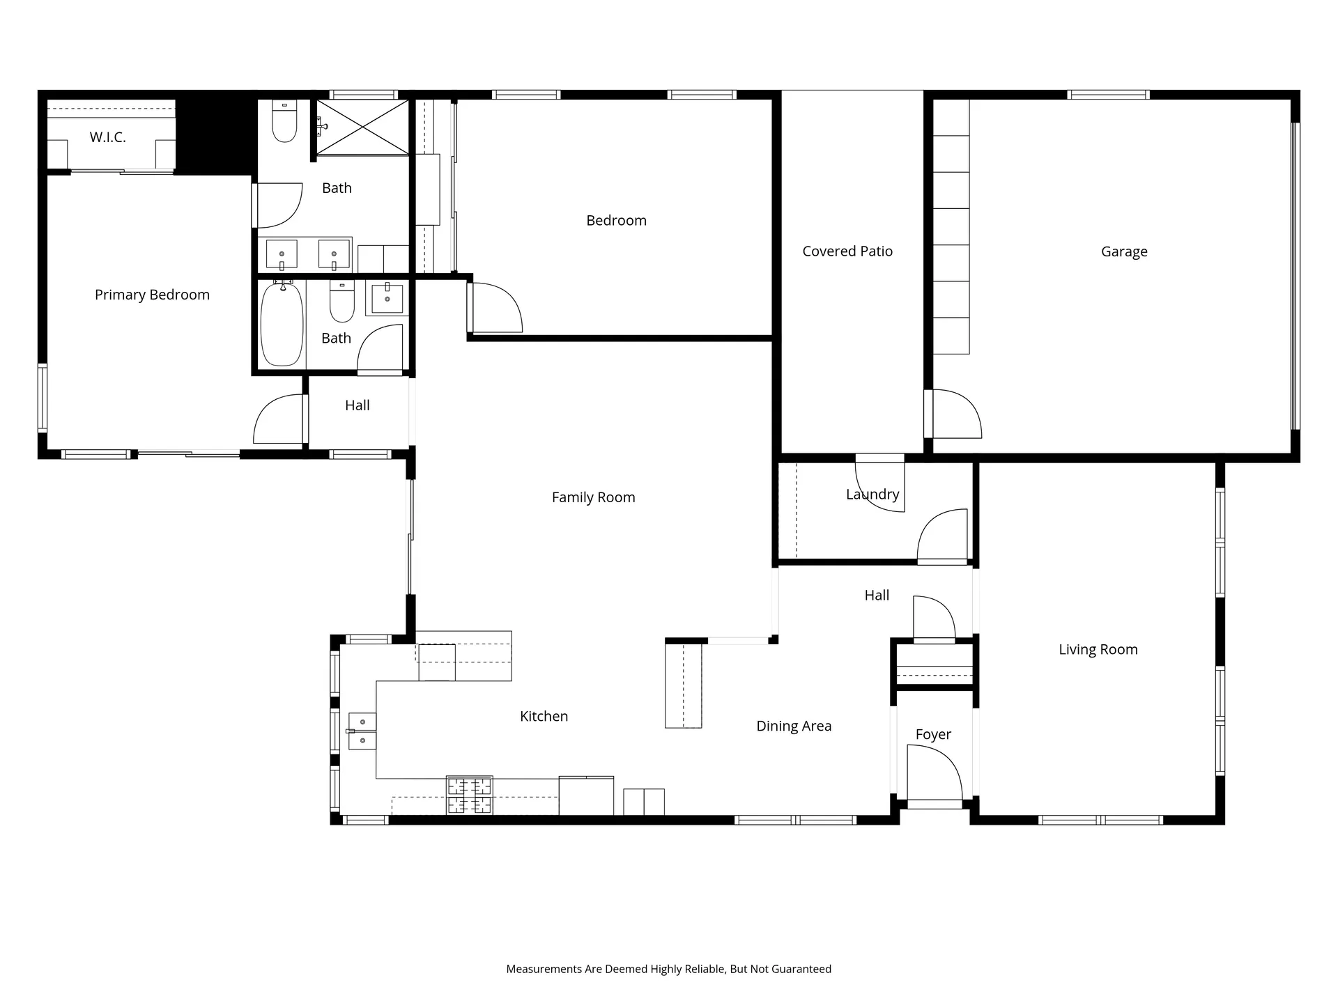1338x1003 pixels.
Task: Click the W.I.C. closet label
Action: coord(107,137)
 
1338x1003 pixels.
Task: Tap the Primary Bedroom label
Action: coord(152,295)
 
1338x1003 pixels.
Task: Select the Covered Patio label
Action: coord(847,251)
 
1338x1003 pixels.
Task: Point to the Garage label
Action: coord(1124,252)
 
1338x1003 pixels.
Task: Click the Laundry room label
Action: coord(872,495)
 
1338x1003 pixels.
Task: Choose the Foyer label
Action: coord(933,735)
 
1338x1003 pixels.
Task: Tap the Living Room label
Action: coord(1098,650)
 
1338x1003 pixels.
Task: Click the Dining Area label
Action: coord(794,726)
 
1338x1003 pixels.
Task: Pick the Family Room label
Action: coord(594,497)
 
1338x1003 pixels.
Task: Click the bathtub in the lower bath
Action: coord(282,324)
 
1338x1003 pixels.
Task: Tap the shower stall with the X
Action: coord(362,127)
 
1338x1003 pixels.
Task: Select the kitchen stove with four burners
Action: coord(470,795)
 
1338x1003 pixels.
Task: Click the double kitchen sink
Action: coord(362,731)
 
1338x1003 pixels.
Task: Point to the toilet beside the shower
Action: coord(284,121)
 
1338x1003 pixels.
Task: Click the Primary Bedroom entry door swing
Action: coord(279,419)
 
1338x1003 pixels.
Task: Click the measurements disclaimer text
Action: coord(669,969)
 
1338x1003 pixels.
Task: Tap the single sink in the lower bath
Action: coord(387,298)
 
